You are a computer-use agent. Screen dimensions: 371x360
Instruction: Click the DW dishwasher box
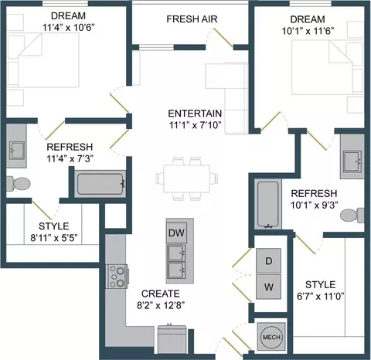177,233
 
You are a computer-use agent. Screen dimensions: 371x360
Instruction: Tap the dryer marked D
268,260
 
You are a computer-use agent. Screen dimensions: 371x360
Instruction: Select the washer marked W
268,287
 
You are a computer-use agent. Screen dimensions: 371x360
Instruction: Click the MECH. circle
272,337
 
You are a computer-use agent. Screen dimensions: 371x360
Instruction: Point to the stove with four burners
117,277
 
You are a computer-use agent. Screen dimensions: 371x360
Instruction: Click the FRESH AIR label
192,19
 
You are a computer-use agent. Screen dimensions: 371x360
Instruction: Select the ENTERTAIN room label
195,114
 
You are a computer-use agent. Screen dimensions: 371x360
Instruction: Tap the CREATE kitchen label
161,294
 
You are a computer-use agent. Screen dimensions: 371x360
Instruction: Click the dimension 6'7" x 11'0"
321,297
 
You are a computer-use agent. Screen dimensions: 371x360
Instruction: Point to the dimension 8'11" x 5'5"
54,238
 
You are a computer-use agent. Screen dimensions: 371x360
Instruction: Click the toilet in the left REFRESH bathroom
19,184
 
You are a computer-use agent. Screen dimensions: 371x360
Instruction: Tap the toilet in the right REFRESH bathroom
352,216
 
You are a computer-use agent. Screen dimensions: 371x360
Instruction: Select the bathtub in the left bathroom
100,184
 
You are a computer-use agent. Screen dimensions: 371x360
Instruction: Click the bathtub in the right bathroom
268,205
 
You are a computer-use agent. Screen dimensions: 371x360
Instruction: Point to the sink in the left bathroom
17,151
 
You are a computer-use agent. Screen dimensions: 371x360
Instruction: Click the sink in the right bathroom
352,161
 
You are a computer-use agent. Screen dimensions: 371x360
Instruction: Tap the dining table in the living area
186,178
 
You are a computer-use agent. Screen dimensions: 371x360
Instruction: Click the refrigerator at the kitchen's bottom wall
172,339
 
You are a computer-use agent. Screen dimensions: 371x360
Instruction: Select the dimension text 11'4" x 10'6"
68,27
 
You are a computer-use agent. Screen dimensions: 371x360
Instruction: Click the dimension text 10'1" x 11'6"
308,31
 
